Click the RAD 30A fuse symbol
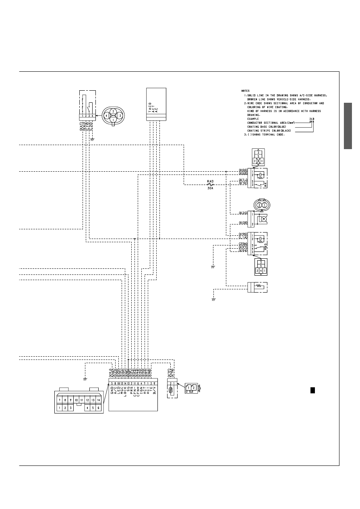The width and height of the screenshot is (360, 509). [x=210, y=185]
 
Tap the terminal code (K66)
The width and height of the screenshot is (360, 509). [x=243, y=170]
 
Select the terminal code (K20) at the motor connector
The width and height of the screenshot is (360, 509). [x=243, y=213]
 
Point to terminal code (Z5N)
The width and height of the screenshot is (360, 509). [x=243, y=244]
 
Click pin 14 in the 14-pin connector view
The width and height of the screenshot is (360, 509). [x=98, y=400]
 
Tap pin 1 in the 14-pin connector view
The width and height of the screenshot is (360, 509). [x=60, y=408]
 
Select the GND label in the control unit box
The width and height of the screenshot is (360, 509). [x=111, y=389]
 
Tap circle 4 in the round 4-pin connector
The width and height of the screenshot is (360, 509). [x=106, y=115]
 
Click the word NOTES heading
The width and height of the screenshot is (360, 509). [x=246, y=91]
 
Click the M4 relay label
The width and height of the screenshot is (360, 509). [x=266, y=184]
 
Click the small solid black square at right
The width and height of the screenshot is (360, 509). [x=312, y=390]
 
